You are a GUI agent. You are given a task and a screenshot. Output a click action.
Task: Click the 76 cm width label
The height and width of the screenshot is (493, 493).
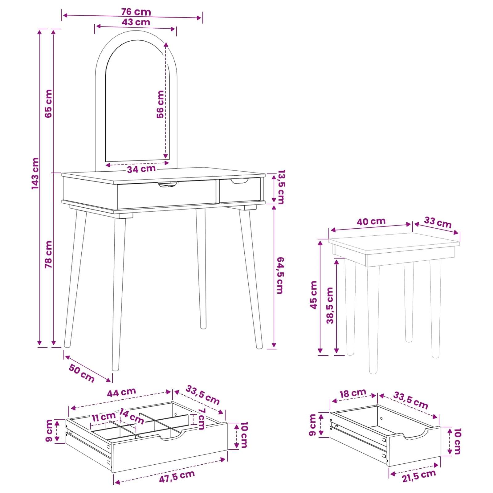pos(136,12)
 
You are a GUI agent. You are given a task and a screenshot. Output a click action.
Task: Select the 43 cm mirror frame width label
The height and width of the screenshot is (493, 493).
pos(136,22)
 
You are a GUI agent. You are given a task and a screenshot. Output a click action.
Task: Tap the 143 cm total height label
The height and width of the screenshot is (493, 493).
pos(35,173)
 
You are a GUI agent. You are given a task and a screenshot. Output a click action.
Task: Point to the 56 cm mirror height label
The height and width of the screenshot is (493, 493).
pos(160,104)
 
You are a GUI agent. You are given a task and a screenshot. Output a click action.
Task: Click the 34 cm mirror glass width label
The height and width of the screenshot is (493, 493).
pos(141,169)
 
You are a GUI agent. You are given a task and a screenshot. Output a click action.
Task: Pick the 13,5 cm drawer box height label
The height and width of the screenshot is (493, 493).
pos(281,187)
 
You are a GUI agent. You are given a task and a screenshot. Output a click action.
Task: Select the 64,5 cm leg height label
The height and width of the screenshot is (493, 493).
pos(280,275)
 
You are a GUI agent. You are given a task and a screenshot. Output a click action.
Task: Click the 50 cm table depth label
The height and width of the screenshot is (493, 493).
pos(82,373)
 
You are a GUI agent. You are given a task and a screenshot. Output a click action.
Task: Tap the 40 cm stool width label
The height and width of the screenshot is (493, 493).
pos(371,222)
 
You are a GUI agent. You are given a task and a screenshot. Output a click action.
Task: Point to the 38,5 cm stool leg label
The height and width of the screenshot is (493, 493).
pos(330,305)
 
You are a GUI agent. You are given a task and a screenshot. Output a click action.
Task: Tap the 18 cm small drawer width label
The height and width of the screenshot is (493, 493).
pos(353,393)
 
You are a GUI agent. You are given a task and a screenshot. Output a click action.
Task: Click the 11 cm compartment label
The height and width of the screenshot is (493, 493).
pos(104,417)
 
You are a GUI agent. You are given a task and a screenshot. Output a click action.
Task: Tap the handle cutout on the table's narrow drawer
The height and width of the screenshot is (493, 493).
pos(239,181)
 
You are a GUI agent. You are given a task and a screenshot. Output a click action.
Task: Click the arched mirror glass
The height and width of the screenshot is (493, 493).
pos(137,102)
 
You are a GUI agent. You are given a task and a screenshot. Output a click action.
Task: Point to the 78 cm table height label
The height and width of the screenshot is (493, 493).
pos(48,255)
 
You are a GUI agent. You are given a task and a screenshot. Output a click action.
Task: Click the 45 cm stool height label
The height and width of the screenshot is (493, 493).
pos(313,295)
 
